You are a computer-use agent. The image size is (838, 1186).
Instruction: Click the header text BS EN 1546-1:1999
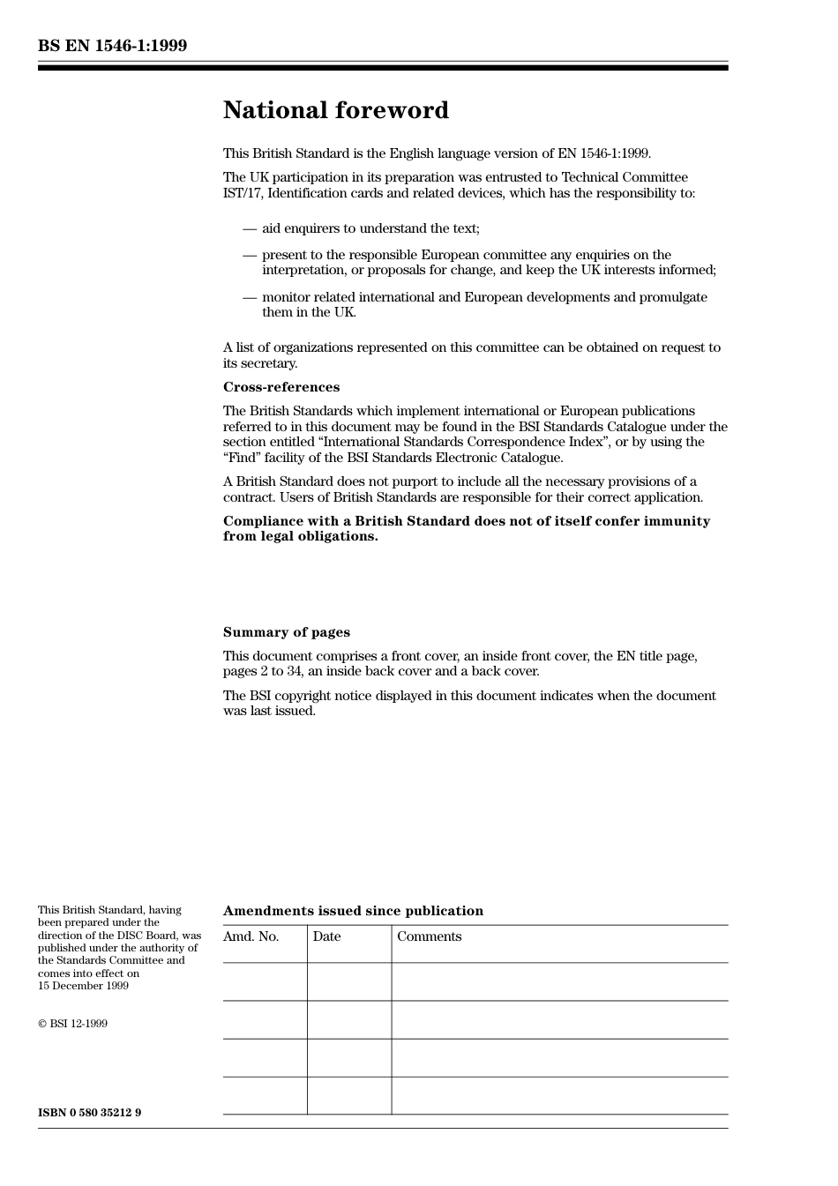(x=112, y=46)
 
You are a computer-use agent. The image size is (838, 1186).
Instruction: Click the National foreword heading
(x=335, y=110)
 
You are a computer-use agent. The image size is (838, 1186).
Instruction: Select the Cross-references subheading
(x=281, y=387)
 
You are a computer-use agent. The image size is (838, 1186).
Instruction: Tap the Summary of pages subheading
(x=286, y=632)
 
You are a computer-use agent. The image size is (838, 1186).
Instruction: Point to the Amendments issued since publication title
(x=353, y=911)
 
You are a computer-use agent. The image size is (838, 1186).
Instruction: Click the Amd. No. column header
(x=251, y=936)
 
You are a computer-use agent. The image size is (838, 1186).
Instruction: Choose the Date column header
(x=326, y=936)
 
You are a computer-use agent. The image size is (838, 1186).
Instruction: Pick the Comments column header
(x=429, y=936)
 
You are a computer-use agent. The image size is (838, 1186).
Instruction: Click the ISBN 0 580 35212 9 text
(x=89, y=1113)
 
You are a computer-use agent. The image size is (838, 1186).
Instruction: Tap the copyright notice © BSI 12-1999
(x=72, y=1024)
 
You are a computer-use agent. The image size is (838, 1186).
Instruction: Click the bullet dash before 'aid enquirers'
(x=250, y=229)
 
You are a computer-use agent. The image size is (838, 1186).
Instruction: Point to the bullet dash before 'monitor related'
(x=250, y=298)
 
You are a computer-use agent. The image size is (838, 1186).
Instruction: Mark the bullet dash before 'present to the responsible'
(x=250, y=256)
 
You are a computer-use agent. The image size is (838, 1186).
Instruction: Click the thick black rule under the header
(x=383, y=68)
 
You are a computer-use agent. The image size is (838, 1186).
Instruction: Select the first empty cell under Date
(x=349, y=981)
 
